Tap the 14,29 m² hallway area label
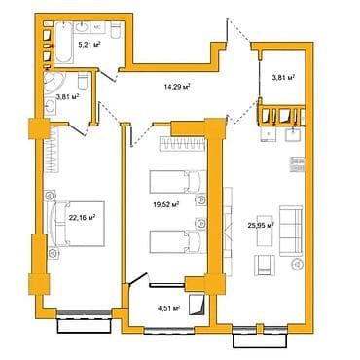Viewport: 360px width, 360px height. pyautogui.click(x=176, y=87)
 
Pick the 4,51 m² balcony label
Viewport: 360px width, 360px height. pyautogui.click(x=169, y=310)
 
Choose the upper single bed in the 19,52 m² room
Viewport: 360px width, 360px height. pyautogui.click(x=176, y=182)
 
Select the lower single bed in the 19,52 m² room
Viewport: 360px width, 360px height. pyautogui.click(x=176, y=240)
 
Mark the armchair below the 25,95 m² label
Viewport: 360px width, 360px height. pyautogui.click(x=261, y=266)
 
